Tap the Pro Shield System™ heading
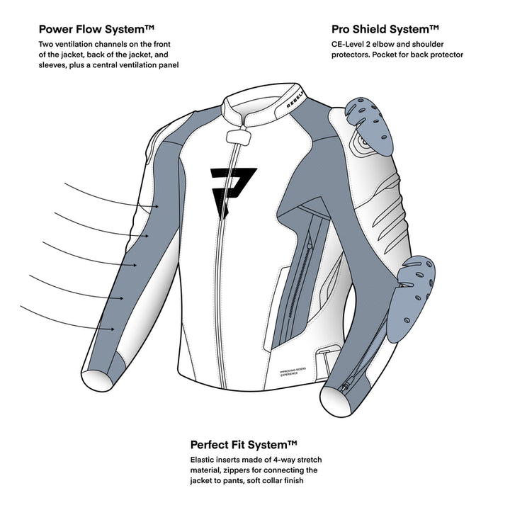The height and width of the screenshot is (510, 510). coord(385,30)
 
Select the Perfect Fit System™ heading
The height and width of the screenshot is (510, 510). coord(244,445)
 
